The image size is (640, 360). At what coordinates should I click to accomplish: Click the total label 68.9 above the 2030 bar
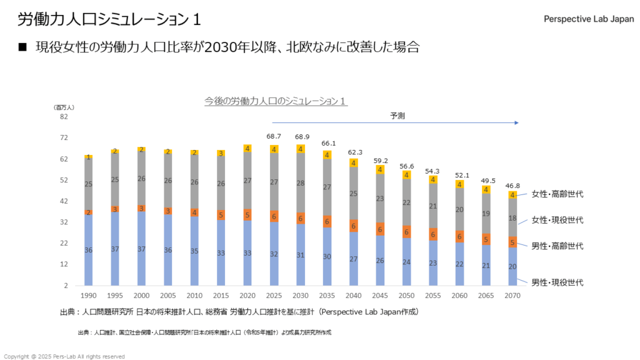tap(301, 136)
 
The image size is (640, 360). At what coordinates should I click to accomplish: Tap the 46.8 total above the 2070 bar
tap(513, 185)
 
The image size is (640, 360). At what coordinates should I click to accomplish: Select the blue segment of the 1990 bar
tap(89, 250)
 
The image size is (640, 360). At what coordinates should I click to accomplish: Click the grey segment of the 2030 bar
tap(301, 183)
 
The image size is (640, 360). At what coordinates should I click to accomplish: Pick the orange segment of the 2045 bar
tap(381, 229)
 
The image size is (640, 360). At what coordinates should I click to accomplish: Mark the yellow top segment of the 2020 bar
tap(248, 149)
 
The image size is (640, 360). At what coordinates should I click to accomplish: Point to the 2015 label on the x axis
tap(221, 294)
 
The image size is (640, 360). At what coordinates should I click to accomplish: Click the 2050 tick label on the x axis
tap(407, 294)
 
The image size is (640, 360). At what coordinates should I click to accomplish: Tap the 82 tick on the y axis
tap(64, 117)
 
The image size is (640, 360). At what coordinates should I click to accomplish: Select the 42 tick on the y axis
tap(64, 201)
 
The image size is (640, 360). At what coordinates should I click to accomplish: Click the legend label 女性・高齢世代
tap(558, 194)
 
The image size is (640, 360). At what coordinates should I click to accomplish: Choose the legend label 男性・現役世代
tap(558, 282)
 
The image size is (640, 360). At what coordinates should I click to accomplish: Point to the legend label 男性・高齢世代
tap(558, 246)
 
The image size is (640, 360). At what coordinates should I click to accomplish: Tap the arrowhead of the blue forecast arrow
tap(516, 123)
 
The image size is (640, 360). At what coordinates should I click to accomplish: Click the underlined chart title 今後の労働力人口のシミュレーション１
tap(276, 101)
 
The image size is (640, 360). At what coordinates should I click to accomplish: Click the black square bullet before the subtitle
tap(23, 47)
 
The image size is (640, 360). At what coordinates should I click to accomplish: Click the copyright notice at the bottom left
tap(64, 356)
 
